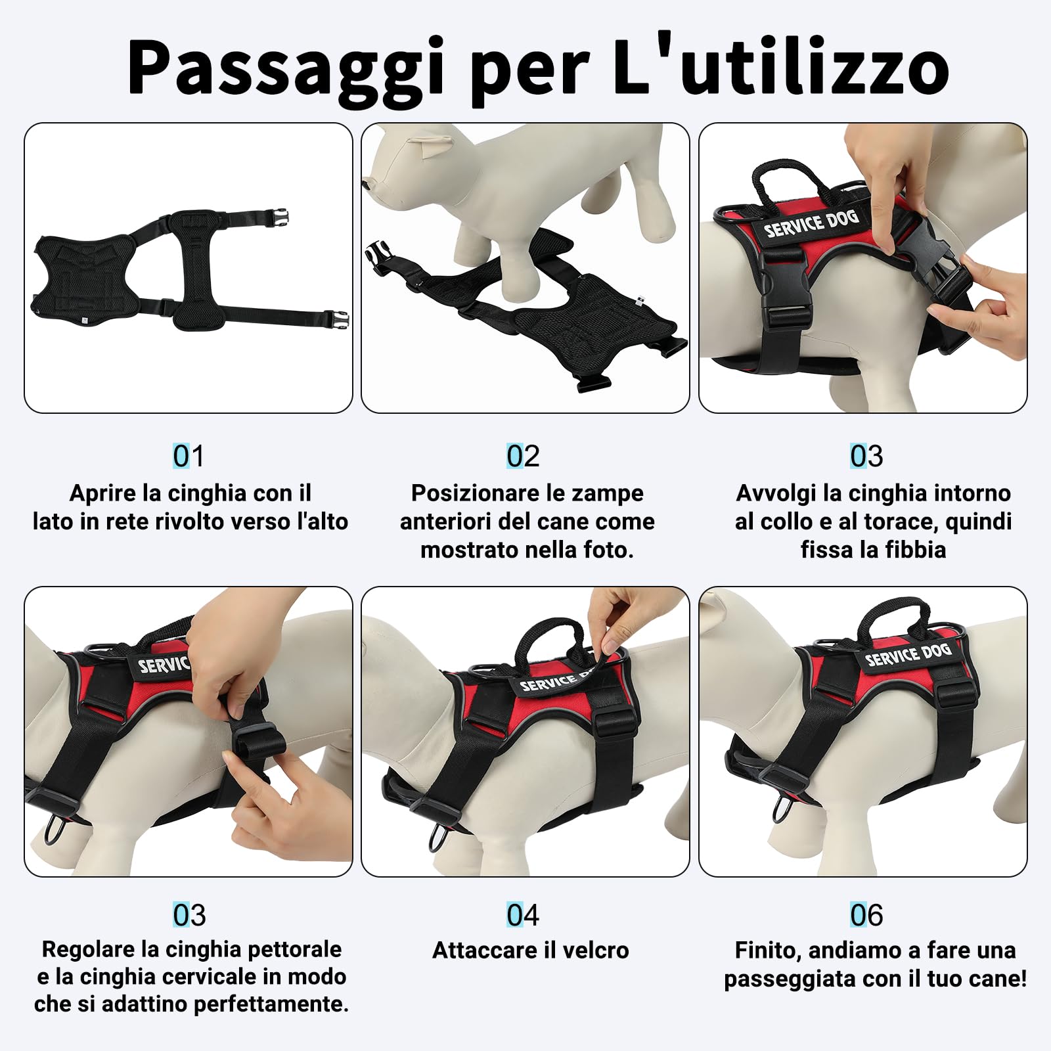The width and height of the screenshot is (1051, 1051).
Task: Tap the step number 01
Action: point(189,456)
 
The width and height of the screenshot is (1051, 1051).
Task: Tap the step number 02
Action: point(523,456)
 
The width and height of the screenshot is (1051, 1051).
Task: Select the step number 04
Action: point(523,915)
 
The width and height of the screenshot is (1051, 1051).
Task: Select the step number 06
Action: point(866,915)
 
